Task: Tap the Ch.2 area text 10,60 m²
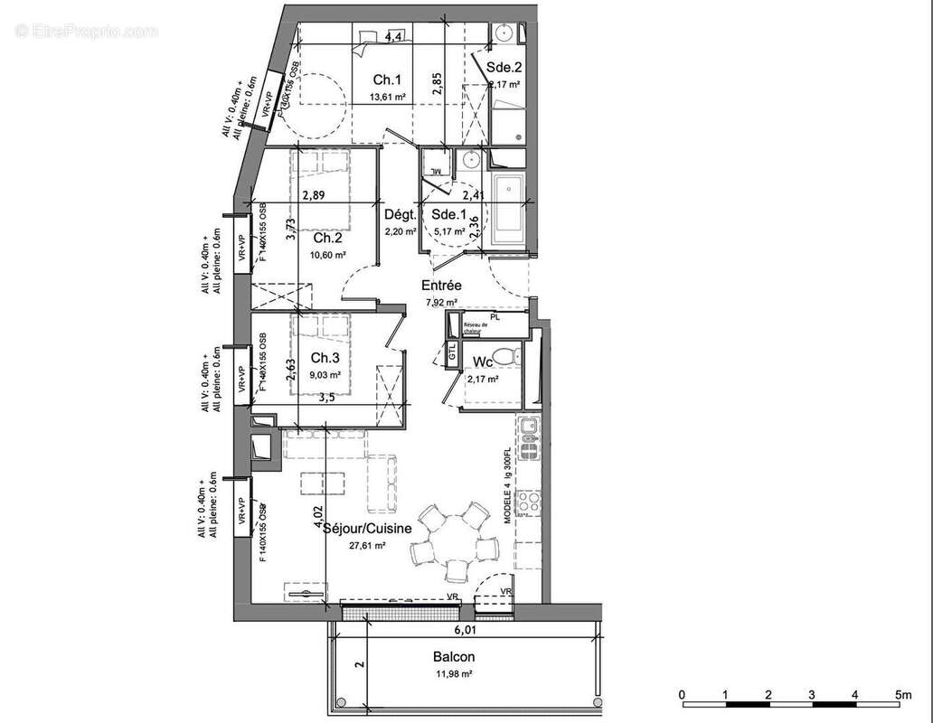tap(327, 255)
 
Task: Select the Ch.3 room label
tap(325, 358)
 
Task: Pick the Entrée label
tap(441, 286)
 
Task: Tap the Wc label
tap(483, 362)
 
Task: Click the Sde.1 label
tap(448, 214)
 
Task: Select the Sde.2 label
tap(504, 67)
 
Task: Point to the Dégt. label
tap(400, 215)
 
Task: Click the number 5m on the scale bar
tap(901, 693)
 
